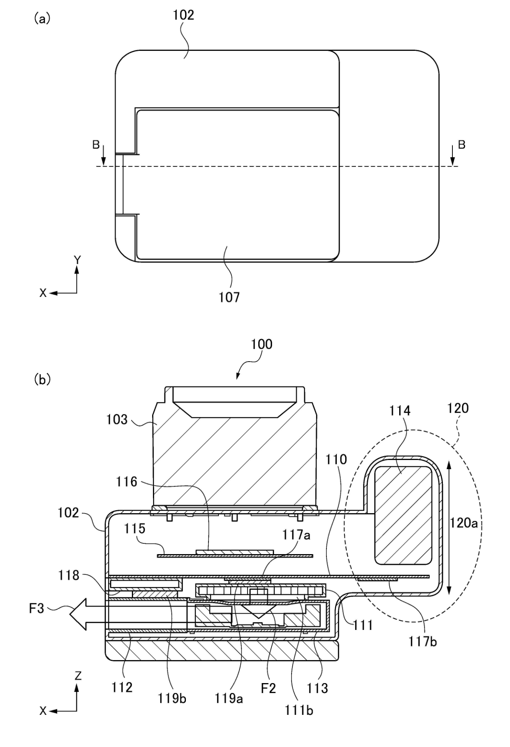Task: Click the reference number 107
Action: [229, 297]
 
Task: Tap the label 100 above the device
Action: [262, 344]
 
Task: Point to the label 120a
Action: [464, 523]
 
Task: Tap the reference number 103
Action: [117, 420]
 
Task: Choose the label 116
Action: [127, 481]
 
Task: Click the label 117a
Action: [296, 535]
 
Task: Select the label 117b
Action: [423, 641]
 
